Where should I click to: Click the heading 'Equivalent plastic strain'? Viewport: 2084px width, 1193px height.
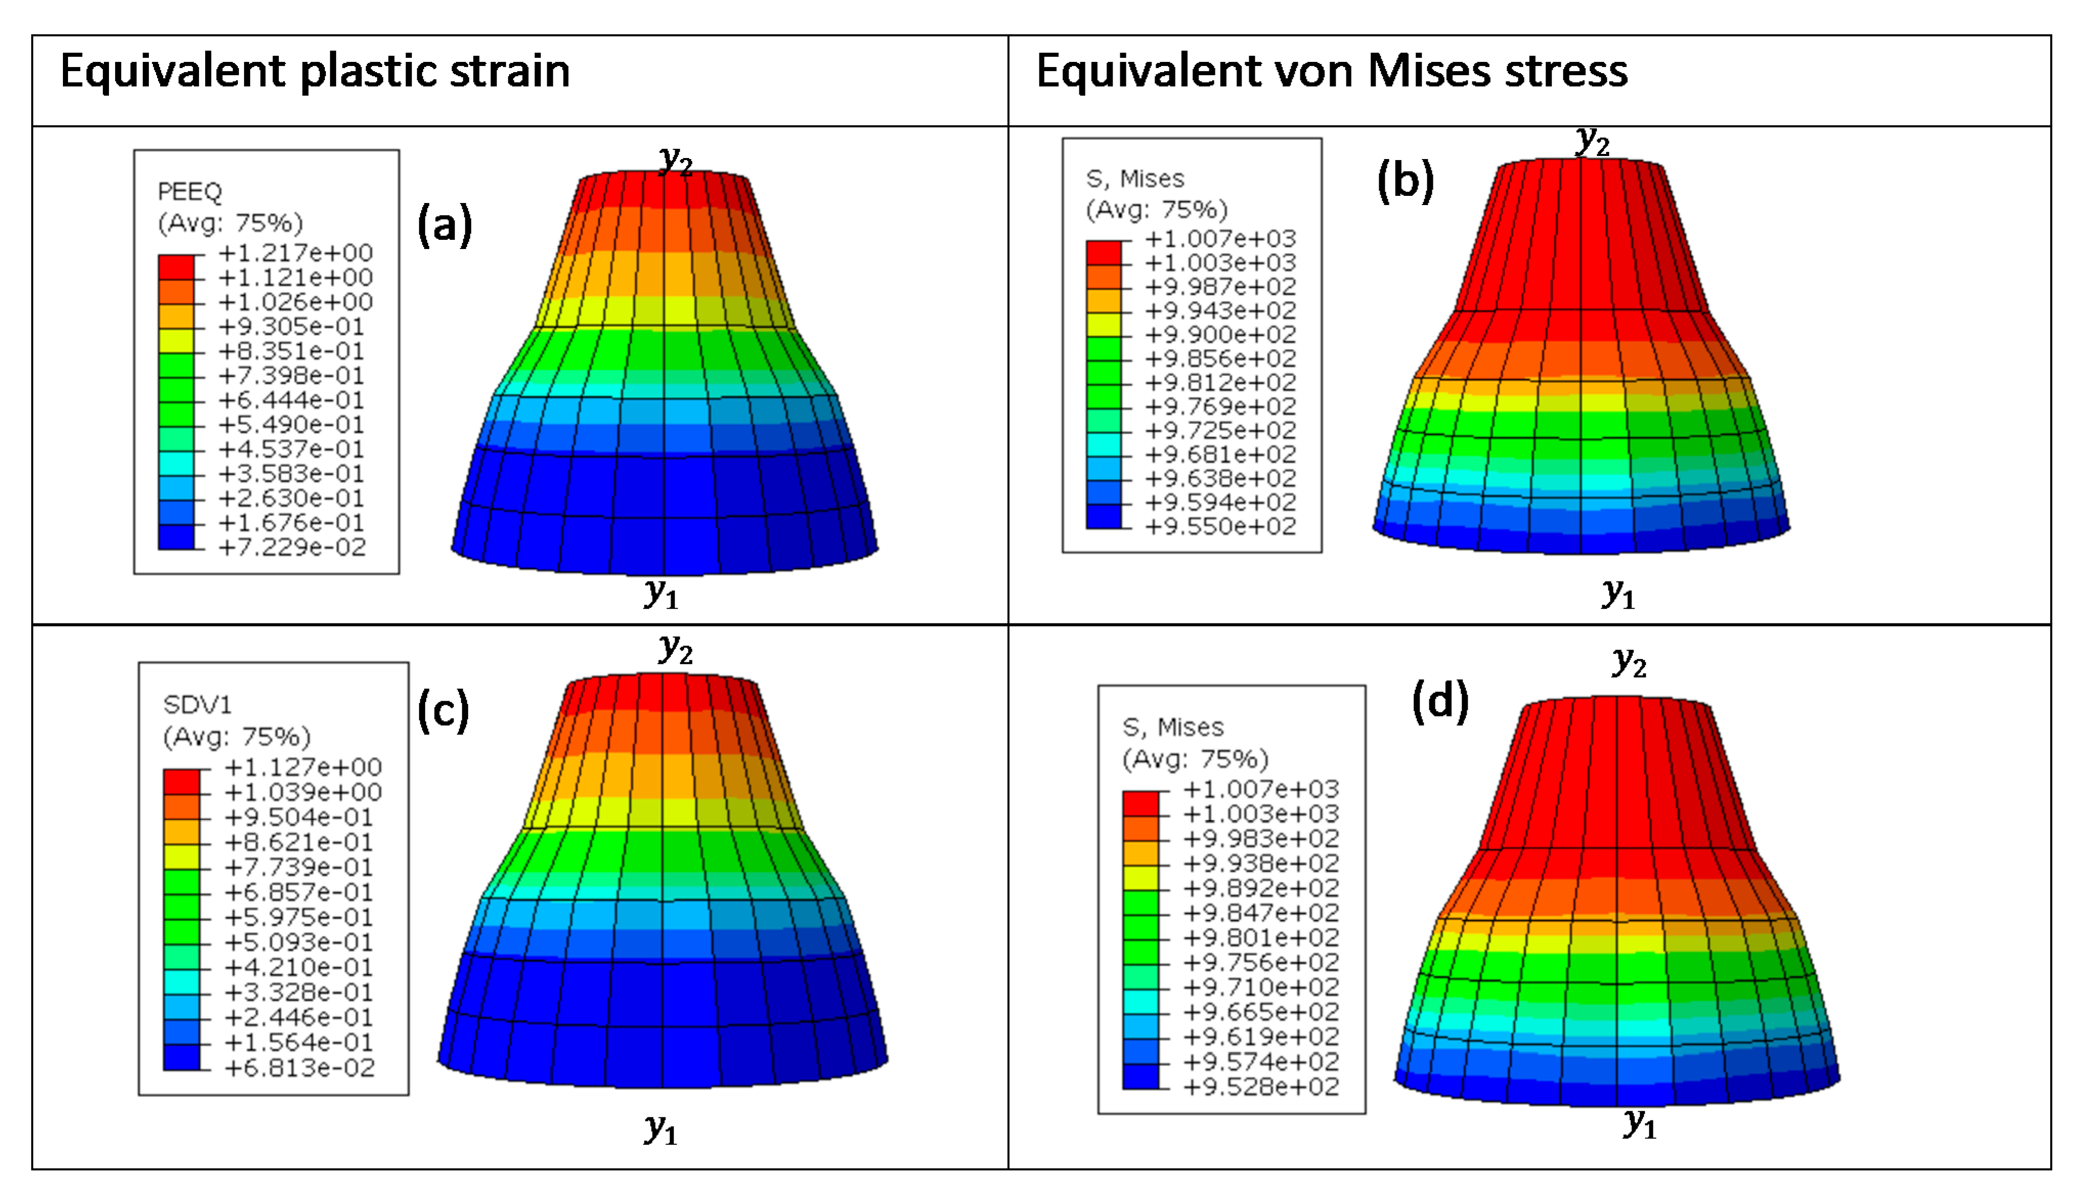pos(315,71)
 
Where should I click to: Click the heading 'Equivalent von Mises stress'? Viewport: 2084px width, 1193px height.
pos(1332,71)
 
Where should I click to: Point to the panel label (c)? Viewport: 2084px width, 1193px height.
pos(444,710)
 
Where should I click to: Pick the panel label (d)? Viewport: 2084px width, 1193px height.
pos(1440,702)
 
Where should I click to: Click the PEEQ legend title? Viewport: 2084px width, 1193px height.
pos(190,192)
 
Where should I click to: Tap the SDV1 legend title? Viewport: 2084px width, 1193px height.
pos(197,705)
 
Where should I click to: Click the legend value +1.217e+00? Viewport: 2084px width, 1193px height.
pos(296,253)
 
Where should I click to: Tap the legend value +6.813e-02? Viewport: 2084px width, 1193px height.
pos(300,1068)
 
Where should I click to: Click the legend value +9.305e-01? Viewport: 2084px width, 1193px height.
pos(292,327)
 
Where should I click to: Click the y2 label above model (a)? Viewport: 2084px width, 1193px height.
pos(677,159)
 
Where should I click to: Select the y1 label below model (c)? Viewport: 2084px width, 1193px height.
pos(660,1129)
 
